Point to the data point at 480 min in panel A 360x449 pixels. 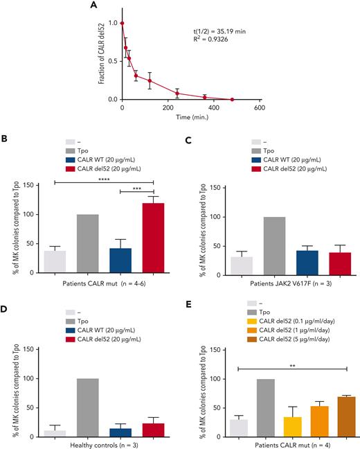[x=232, y=100]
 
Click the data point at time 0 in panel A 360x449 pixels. [x=123, y=23]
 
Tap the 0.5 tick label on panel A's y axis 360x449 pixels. [x=111, y=62]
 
